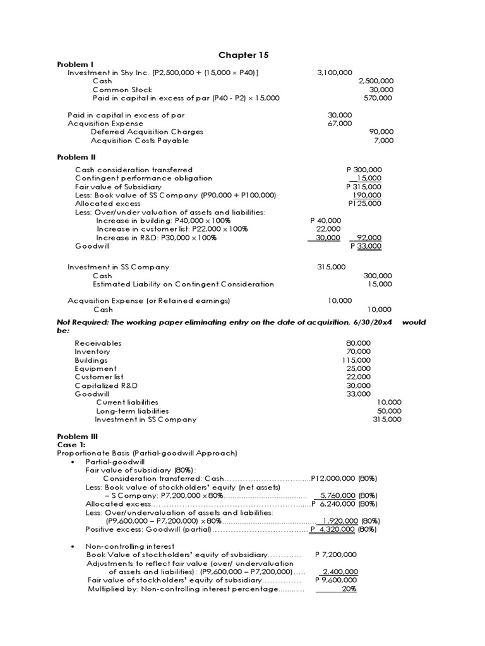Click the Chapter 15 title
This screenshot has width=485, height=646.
[x=242, y=55]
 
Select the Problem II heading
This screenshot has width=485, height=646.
[x=76, y=156]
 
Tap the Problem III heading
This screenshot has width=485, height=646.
[x=77, y=436]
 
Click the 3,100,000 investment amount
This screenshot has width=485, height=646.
[x=335, y=73]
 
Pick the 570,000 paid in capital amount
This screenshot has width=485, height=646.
[x=378, y=98]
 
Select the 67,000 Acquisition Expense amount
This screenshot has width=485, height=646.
[x=340, y=124]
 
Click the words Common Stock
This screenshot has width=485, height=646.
[x=123, y=90]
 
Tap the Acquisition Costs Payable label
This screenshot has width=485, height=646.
[x=140, y=141]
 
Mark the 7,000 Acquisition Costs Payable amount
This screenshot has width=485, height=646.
[x=383, y=141]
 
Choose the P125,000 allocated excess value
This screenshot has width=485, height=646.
[x=364, y=204]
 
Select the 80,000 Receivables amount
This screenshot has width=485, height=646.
[x=359, y=343]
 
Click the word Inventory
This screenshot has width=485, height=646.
[x=92, y=351]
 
